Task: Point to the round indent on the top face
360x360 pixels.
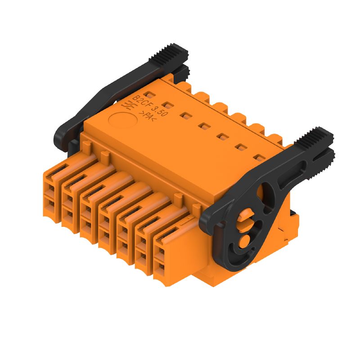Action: pos(122,121)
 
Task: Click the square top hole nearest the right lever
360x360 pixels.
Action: pos(259,157)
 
